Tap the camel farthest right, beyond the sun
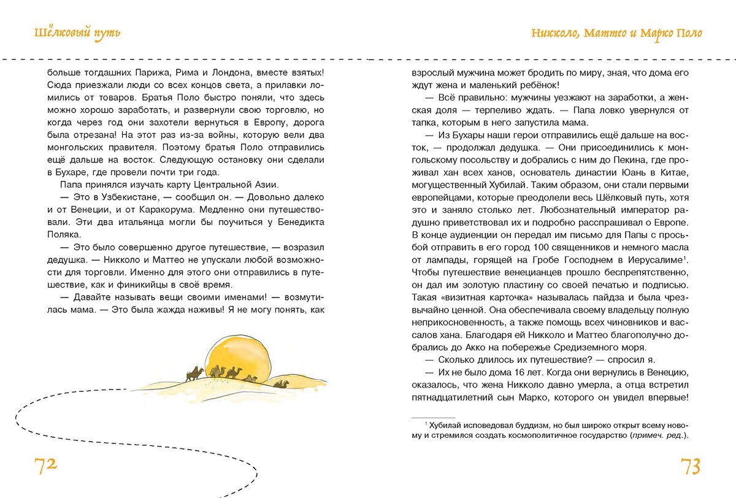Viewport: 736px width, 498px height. [x=282, y=384]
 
